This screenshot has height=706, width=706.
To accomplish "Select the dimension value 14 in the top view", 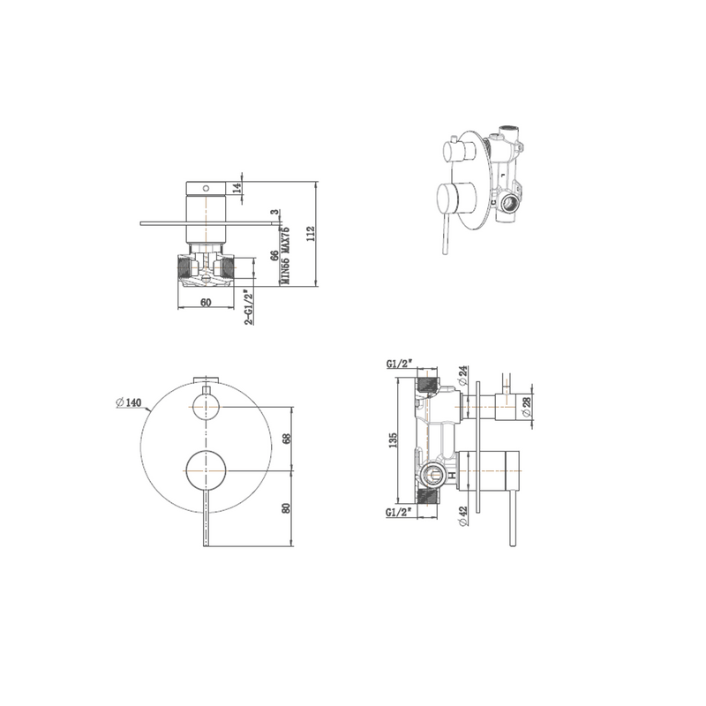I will click(x=237, y=187).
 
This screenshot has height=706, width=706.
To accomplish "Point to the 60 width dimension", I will click(x=205, y=302).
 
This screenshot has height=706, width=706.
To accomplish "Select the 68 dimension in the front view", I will click(x=285, y=439).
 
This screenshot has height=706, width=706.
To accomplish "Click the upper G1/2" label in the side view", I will click(x=400, y=363).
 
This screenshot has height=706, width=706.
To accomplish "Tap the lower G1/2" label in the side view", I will click(x=400, y=511).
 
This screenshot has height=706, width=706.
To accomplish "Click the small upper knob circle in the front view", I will click(x=206, y=407).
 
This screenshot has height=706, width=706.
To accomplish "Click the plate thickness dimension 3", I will click(x=275, y=213).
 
